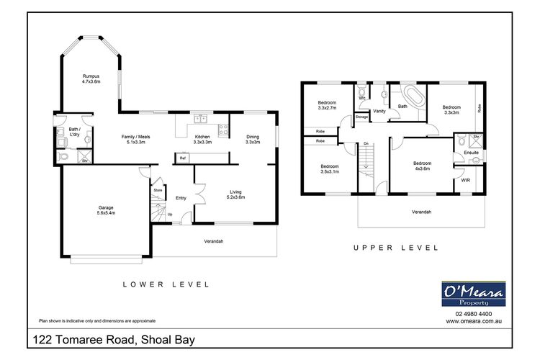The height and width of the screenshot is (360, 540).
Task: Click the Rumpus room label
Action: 90,78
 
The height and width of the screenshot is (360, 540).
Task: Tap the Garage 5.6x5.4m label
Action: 106,211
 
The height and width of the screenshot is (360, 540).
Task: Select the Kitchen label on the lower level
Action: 202,139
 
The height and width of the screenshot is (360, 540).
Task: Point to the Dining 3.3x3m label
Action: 252,139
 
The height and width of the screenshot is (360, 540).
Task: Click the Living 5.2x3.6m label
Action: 235,194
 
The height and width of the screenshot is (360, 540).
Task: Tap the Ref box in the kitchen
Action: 183,158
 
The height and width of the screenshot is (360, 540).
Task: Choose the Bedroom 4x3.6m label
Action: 422,166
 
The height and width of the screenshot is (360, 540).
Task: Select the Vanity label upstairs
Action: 379,111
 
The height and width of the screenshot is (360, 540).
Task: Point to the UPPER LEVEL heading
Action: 395,247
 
